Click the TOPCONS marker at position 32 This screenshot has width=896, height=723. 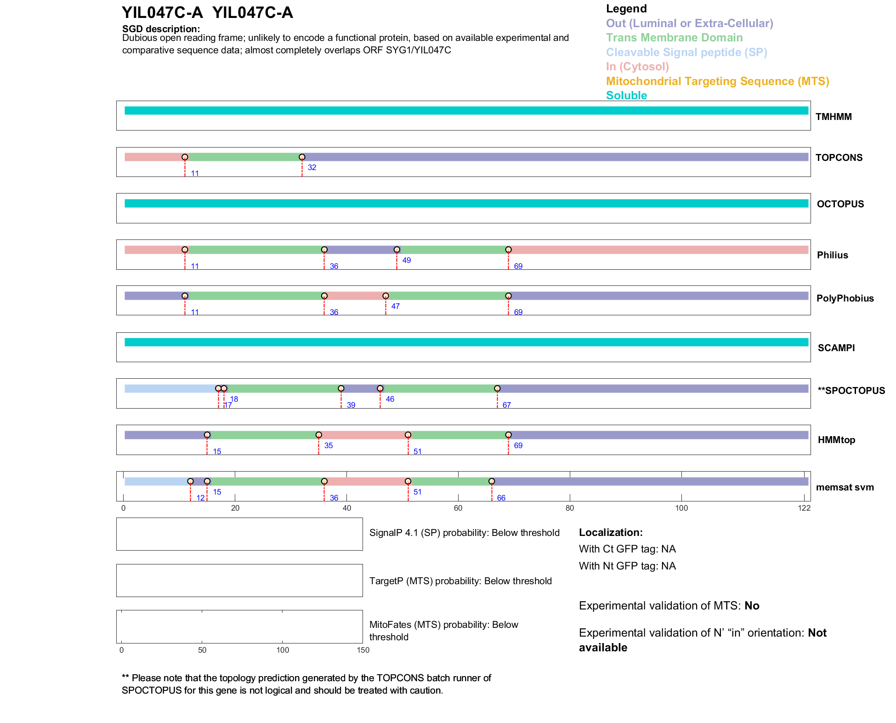[302, 157]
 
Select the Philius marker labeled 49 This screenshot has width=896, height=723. [397, 250]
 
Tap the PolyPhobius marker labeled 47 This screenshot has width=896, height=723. [386, 296]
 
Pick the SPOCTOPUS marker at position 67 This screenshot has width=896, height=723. [497, 388]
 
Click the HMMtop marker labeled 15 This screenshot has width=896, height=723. [207, 435]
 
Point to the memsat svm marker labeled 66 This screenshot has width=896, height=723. [492, 481]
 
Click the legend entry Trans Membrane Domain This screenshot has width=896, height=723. [674, 38]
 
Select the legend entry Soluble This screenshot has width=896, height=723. [626, 96]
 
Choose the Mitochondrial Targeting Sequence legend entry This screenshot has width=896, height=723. [717, 81]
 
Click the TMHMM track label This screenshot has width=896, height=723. [834, 117]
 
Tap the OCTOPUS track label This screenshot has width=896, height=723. [840, 204]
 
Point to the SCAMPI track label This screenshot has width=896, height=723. [836, 348]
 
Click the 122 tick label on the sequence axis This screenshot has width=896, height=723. [804, 508]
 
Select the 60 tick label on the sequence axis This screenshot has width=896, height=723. [458, 508]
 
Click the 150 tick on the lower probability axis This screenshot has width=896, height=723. [363, 650]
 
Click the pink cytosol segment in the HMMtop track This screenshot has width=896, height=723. [363, 435]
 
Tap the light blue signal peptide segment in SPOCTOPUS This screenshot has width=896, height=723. [170, 388]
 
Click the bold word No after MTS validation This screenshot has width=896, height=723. [752, 606]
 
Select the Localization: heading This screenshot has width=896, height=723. [611, 533]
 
